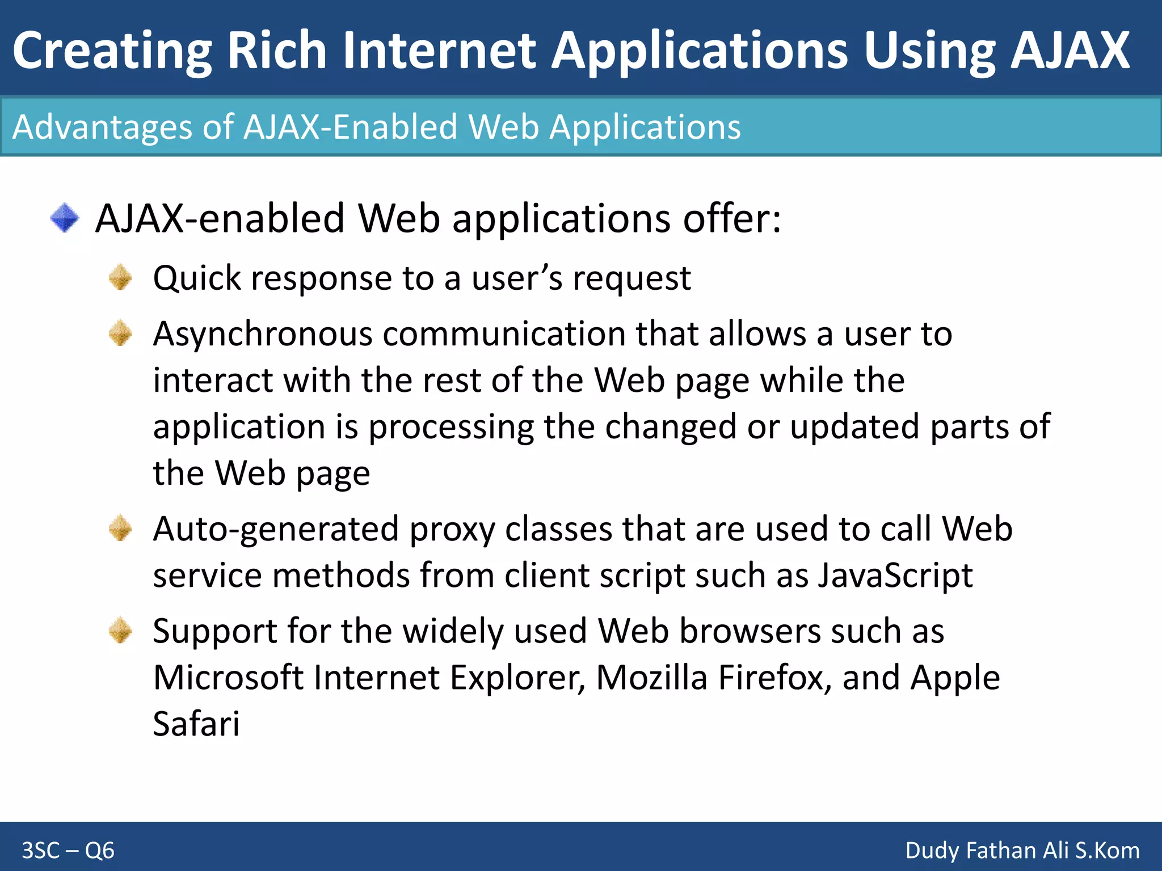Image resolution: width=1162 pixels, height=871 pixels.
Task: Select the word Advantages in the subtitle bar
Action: click(x=103, y=126)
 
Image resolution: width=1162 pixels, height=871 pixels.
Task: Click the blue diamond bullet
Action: click(x=65, y=218)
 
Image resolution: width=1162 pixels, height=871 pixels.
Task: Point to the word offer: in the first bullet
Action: click(x=731, y=218)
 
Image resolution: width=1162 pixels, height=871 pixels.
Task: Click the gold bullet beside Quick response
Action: click(x=120, y=278)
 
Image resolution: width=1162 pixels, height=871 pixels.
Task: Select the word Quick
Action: click(x=197, y=279)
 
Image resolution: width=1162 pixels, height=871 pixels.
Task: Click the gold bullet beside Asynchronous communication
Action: click(x=120, y=333)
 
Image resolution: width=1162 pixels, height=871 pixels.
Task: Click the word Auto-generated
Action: click(x=276, y=530)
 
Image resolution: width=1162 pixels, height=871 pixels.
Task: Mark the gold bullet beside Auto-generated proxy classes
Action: click(x=120, y=528)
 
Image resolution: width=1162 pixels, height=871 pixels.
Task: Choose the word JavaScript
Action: click(x=895, y=576)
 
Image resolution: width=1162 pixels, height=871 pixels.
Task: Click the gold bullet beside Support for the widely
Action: click(x=120, y=631)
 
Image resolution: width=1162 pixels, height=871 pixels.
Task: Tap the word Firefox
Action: click(x=770, y=678)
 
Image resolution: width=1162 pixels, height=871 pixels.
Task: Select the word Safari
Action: click(x=196, y=724)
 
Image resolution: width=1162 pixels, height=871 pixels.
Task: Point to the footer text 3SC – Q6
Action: click(x=68, y=851)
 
